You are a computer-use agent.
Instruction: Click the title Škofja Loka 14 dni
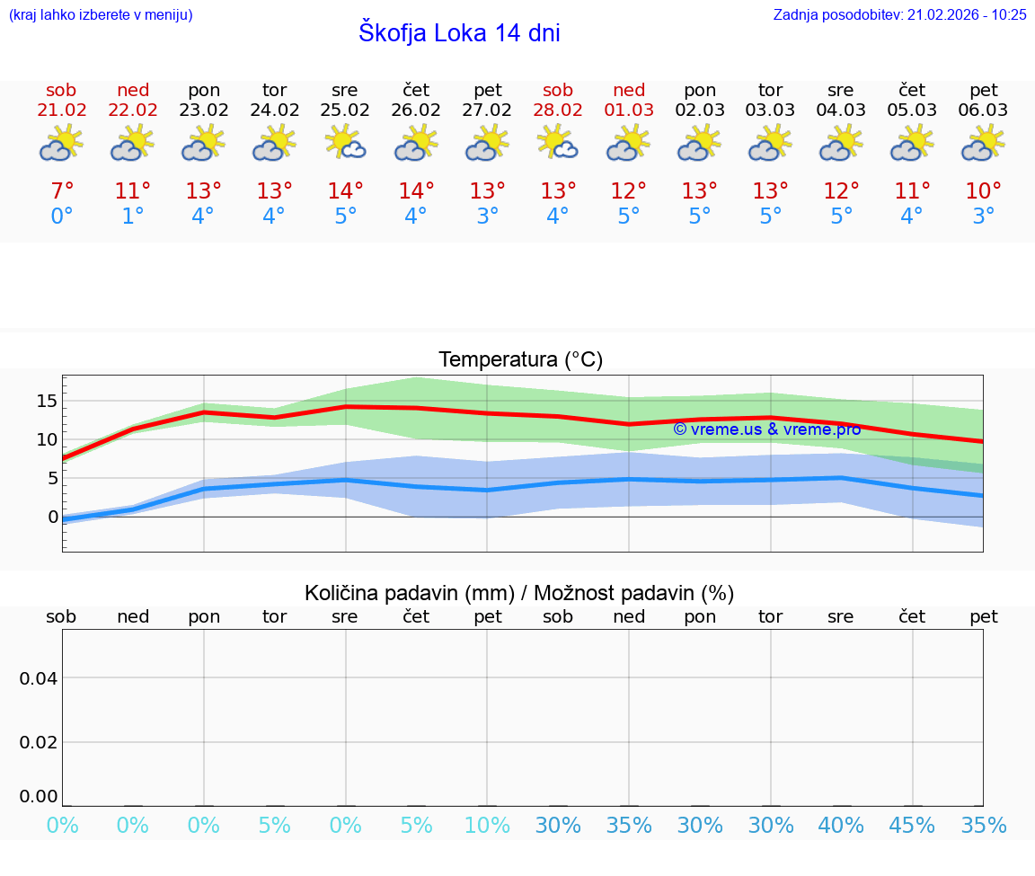pyautogui.click(x=459, y=33)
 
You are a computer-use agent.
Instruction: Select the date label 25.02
pyautogui.click(x=345, y=111)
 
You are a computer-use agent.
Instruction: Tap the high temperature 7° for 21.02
pyautogui.click(x=61, y=191)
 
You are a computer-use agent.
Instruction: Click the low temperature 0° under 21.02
pyautogui.click(x=61, y=217)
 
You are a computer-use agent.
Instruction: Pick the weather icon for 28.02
pyautogui.click(x=557, y=143)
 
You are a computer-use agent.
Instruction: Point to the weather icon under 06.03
pyautogui.click(x=983, y=143)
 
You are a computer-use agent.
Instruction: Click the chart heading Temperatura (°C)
pyautogui.click(x=520, y=360)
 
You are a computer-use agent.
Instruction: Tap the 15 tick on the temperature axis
pyautogui.click(x=47, y=401)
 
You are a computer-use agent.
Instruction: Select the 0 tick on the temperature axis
pyautogui.click(x=52, y=517)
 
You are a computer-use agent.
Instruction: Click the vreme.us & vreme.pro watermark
pyautogui.click(x=766, y=429)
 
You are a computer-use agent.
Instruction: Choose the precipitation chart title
pyautogui.click(x=519, y=593)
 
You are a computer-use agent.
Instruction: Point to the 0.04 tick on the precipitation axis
pyautogui.click(x=39, y=677)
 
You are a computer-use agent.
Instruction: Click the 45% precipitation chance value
pyautogui.click(x=912, y=826)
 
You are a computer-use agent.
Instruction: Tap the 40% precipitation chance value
pyautogui.click(x=841, y=826)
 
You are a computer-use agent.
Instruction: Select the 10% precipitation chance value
pyautogui.click(x=487, y=826)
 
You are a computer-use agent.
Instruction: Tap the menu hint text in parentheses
pyautogui.click(x=101, y=15)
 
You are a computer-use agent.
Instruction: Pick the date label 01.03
pyautogui.click(x=629, y=111)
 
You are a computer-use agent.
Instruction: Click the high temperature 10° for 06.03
pyautogui.click(x=983, y=191)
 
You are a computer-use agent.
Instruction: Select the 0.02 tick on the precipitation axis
pyautogui.click(x=39, y=742)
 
